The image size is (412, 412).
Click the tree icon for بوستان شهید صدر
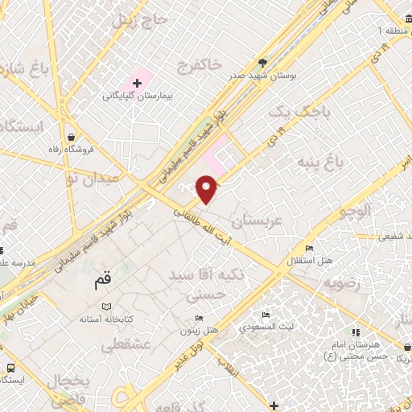click(262, 62)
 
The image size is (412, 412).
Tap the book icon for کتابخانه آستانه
click(106, 307)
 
